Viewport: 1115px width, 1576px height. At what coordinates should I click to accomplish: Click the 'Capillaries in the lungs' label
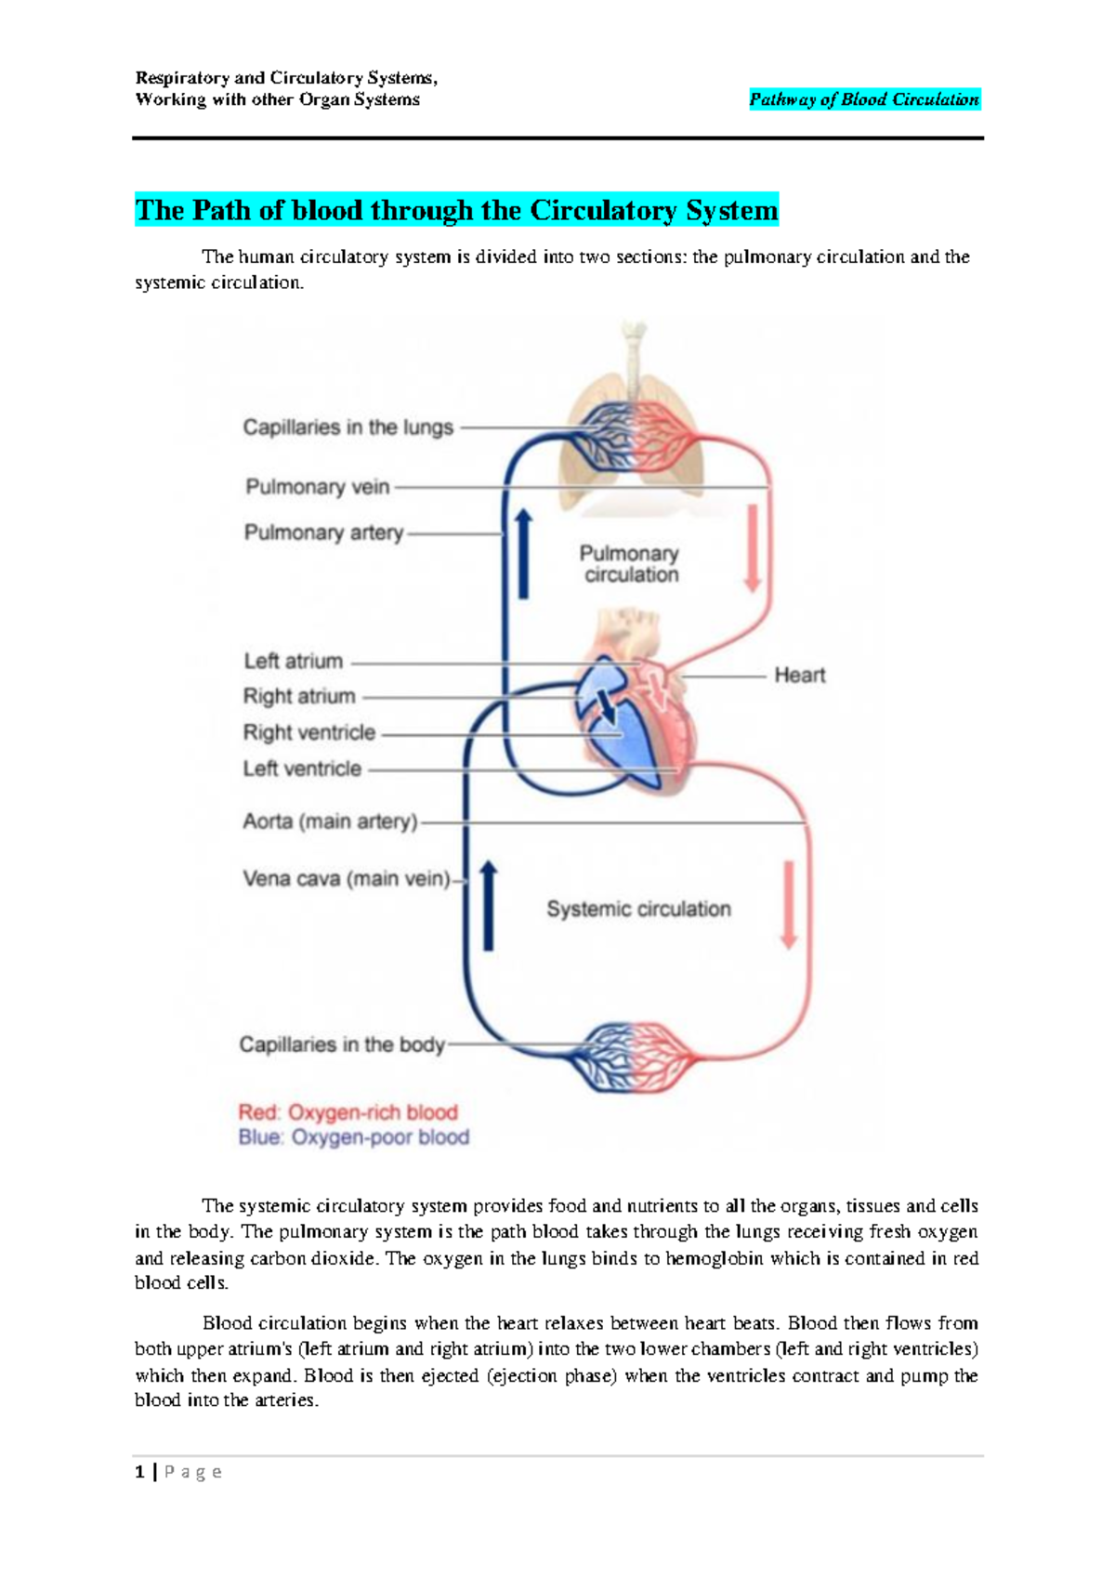[x=348, y=427]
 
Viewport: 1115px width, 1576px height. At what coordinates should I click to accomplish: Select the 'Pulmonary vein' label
[x=317, y=487]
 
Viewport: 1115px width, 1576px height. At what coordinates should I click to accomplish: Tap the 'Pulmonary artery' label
[x=323, y=532]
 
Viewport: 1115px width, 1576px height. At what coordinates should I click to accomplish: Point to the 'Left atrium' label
[x=293, y=662]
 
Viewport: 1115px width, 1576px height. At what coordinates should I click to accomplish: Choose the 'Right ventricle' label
[x=308, y=732]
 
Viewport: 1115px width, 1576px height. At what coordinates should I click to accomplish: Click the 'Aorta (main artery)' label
[x=330, y=821]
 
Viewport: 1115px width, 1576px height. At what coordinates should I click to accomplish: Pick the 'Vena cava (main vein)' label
[x=346, y=878]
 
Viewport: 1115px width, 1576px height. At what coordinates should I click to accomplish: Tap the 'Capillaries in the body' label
[x=341, y=1044]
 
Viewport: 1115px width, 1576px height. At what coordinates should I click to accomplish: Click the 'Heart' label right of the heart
[x=799, y=676]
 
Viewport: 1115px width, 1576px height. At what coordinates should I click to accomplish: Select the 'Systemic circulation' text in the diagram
[x=638, y=909]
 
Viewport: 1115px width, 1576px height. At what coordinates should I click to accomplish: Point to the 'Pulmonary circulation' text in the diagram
[x=630, y=564]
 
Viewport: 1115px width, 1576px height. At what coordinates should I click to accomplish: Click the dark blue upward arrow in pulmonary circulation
[x=523, y=553]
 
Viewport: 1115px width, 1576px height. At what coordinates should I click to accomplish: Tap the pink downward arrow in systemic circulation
[x=789, y=905]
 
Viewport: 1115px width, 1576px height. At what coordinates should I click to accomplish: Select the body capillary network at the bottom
[x=635, y=1057]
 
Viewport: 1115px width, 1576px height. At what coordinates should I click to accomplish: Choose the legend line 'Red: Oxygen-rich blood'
[x=348, y=1112]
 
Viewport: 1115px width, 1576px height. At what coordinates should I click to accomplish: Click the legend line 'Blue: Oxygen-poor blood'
[x=353, y=1137]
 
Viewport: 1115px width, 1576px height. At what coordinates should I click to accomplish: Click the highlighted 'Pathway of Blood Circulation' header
[x=864, y=99]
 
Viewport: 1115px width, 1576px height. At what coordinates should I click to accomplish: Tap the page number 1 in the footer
[x=139, y=1472]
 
